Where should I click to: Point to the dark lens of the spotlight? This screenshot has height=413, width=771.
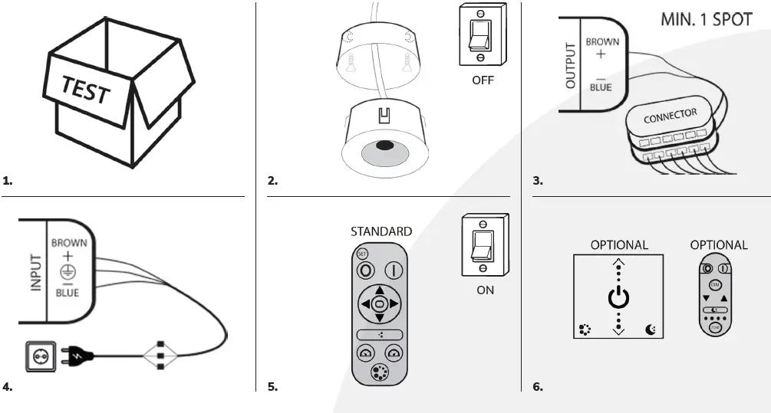(x=384, y=146)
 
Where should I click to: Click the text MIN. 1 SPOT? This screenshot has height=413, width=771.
(x=706, y=19)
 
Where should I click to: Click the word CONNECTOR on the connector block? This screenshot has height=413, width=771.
(x=670, y=116)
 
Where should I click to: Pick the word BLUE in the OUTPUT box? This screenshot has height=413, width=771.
(x=601, y=87)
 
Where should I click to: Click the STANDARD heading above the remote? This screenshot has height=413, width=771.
(x=381, y=231)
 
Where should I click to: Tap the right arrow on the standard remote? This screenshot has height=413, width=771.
(x=394, y=304)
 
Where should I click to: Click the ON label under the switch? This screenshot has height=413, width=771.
(x=485, y=290)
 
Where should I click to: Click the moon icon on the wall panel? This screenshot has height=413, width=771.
(x=651, y=330)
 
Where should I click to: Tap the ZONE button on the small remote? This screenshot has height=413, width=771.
(x=715, y=327)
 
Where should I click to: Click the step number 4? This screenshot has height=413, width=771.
(x=7, y=387)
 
